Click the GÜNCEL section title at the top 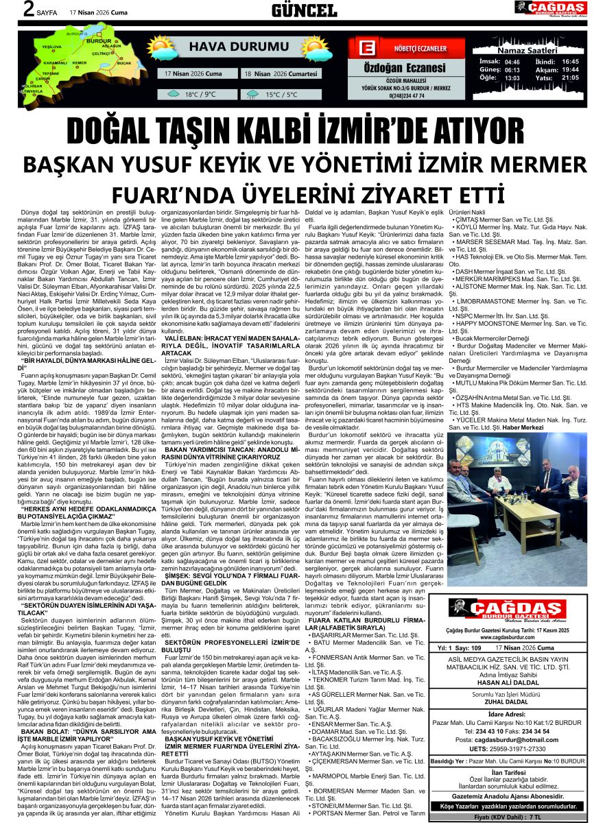tap(304, 10)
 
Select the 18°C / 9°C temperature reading tap(200, 95)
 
